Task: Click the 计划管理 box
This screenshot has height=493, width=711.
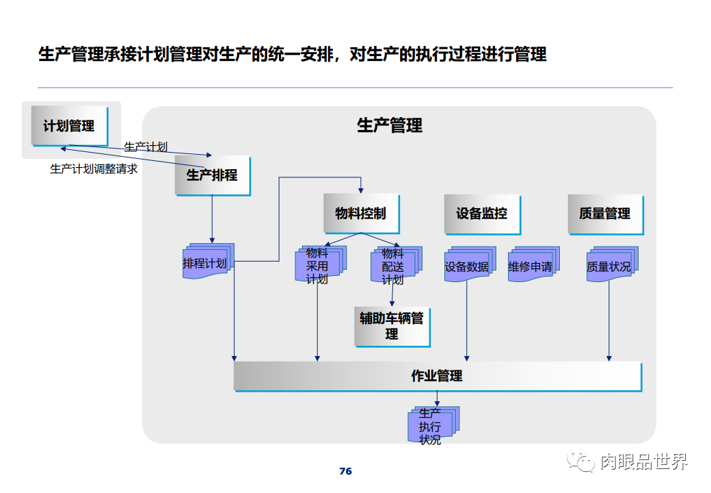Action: (69, 126)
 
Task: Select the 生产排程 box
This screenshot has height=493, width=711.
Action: (212, 175)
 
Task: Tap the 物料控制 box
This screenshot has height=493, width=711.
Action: (360, 213)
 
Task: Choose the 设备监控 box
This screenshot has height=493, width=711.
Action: (481, 213)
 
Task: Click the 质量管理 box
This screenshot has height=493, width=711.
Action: (604, 213)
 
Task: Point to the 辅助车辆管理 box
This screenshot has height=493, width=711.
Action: (392, 326)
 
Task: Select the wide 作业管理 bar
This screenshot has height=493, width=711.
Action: (437, 376)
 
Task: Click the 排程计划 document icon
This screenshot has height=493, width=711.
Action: (207, 262)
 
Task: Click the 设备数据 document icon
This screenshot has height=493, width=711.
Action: (468, 266)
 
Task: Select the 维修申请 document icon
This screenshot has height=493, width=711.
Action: (532, 266)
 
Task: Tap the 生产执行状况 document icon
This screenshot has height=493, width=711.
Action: (431, 426)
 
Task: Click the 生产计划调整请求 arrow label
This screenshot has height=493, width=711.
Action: (94, 168)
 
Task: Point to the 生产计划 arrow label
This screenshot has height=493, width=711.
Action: (145, 147)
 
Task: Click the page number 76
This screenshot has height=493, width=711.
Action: (345, 471)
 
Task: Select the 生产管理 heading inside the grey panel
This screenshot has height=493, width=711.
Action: (389, 125)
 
